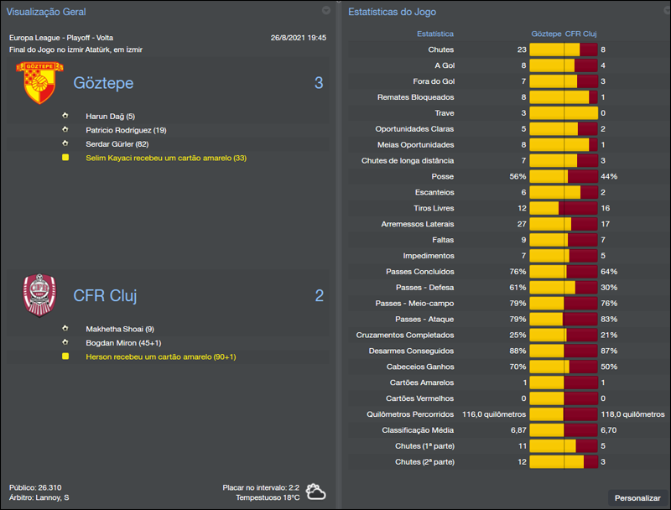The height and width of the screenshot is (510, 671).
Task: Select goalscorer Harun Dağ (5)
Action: pyautogui.click(x=110, y=116)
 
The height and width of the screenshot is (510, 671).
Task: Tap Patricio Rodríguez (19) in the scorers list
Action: pyautogui.click(x=126, y=130)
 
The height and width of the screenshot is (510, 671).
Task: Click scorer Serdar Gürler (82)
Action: pyautogui.click(x=117, y=143)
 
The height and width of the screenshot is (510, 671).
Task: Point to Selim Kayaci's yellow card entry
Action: pyautogui.click(x=166, y=158)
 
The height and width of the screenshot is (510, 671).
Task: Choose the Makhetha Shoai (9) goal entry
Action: pyautogui.click(x=120, y=329)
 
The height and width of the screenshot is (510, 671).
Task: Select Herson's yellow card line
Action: pyautogui.click(x=160, y=356)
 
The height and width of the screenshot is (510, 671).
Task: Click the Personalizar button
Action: pyautogui.click(x=637, y=497)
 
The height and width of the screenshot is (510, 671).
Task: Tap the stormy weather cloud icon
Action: pyautogui.click(x=316, y=492)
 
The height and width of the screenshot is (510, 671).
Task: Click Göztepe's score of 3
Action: pyautogui.click(x=319, y=83)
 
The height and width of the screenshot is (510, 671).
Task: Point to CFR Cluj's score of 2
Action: pyautogui.click(x=319, y=295)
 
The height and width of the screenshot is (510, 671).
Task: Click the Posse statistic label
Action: pyautogui.click(x=443, y=176)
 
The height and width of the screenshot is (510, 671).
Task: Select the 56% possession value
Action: pyautogui.click(x=518, y=176)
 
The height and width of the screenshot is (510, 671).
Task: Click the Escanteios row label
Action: pyautogui.click(x=434, y=192)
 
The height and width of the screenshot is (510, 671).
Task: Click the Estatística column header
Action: pyautogui.click(x=435, y=34)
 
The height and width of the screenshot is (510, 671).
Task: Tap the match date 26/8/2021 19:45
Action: pyautogui.click(x=299, y=38)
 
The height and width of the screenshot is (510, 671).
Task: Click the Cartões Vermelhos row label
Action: pyautogui.click(x=419, y=398)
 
